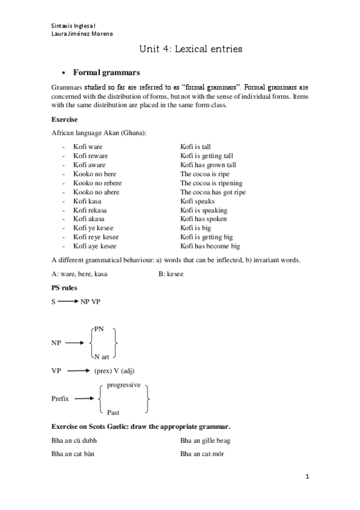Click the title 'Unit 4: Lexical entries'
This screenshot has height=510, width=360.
(191, 50)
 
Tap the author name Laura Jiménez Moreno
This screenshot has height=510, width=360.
(82, 34)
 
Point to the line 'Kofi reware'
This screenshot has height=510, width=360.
(90, 156)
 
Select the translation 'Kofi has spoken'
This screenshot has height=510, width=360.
(203, 219)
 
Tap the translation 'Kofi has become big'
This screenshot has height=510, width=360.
(210, 246)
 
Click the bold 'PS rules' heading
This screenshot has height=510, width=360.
(65, 288)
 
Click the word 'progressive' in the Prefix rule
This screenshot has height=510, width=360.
(124, 384)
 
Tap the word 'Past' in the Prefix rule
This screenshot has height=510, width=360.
(113, 413)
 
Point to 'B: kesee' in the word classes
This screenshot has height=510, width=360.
(171, 274)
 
